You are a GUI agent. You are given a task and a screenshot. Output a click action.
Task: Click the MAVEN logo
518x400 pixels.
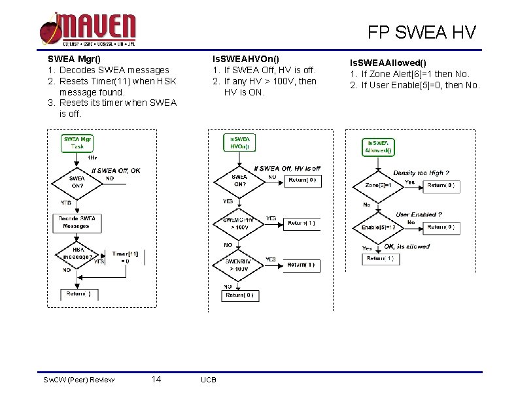[x=88, y=29]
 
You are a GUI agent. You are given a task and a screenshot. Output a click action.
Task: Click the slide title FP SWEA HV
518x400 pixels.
[x=421, y=31]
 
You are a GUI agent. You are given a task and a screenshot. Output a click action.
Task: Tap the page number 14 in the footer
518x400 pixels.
[x=156, y=379]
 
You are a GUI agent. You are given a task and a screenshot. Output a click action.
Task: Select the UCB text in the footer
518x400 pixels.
[x=209, y=380]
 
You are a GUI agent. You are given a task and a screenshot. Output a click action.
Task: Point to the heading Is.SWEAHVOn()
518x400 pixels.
[x=242, y=58]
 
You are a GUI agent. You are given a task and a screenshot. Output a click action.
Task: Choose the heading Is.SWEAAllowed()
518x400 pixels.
[x=389, y=62]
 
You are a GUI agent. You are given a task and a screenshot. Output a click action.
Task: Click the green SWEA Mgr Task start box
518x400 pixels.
[x=78, y=142]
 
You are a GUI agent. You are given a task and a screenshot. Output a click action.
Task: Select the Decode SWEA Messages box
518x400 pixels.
[x=77, y=222]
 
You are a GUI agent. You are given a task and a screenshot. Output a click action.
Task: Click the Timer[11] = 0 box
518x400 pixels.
[x=125, y=257]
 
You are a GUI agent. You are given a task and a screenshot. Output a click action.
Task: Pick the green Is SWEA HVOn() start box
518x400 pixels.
[x=240, y=142]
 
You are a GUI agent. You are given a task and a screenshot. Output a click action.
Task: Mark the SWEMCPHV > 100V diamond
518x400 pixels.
[x=240, y=224]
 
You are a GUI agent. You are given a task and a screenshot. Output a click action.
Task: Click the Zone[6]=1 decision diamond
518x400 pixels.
[x=378, y=185]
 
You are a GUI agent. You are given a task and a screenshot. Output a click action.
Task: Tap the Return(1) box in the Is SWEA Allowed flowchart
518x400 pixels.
[x=379, y=259]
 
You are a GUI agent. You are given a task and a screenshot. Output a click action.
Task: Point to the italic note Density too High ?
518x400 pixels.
[x=421, y=173]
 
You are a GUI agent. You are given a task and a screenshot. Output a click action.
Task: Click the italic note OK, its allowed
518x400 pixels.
[x=407, y=246]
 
